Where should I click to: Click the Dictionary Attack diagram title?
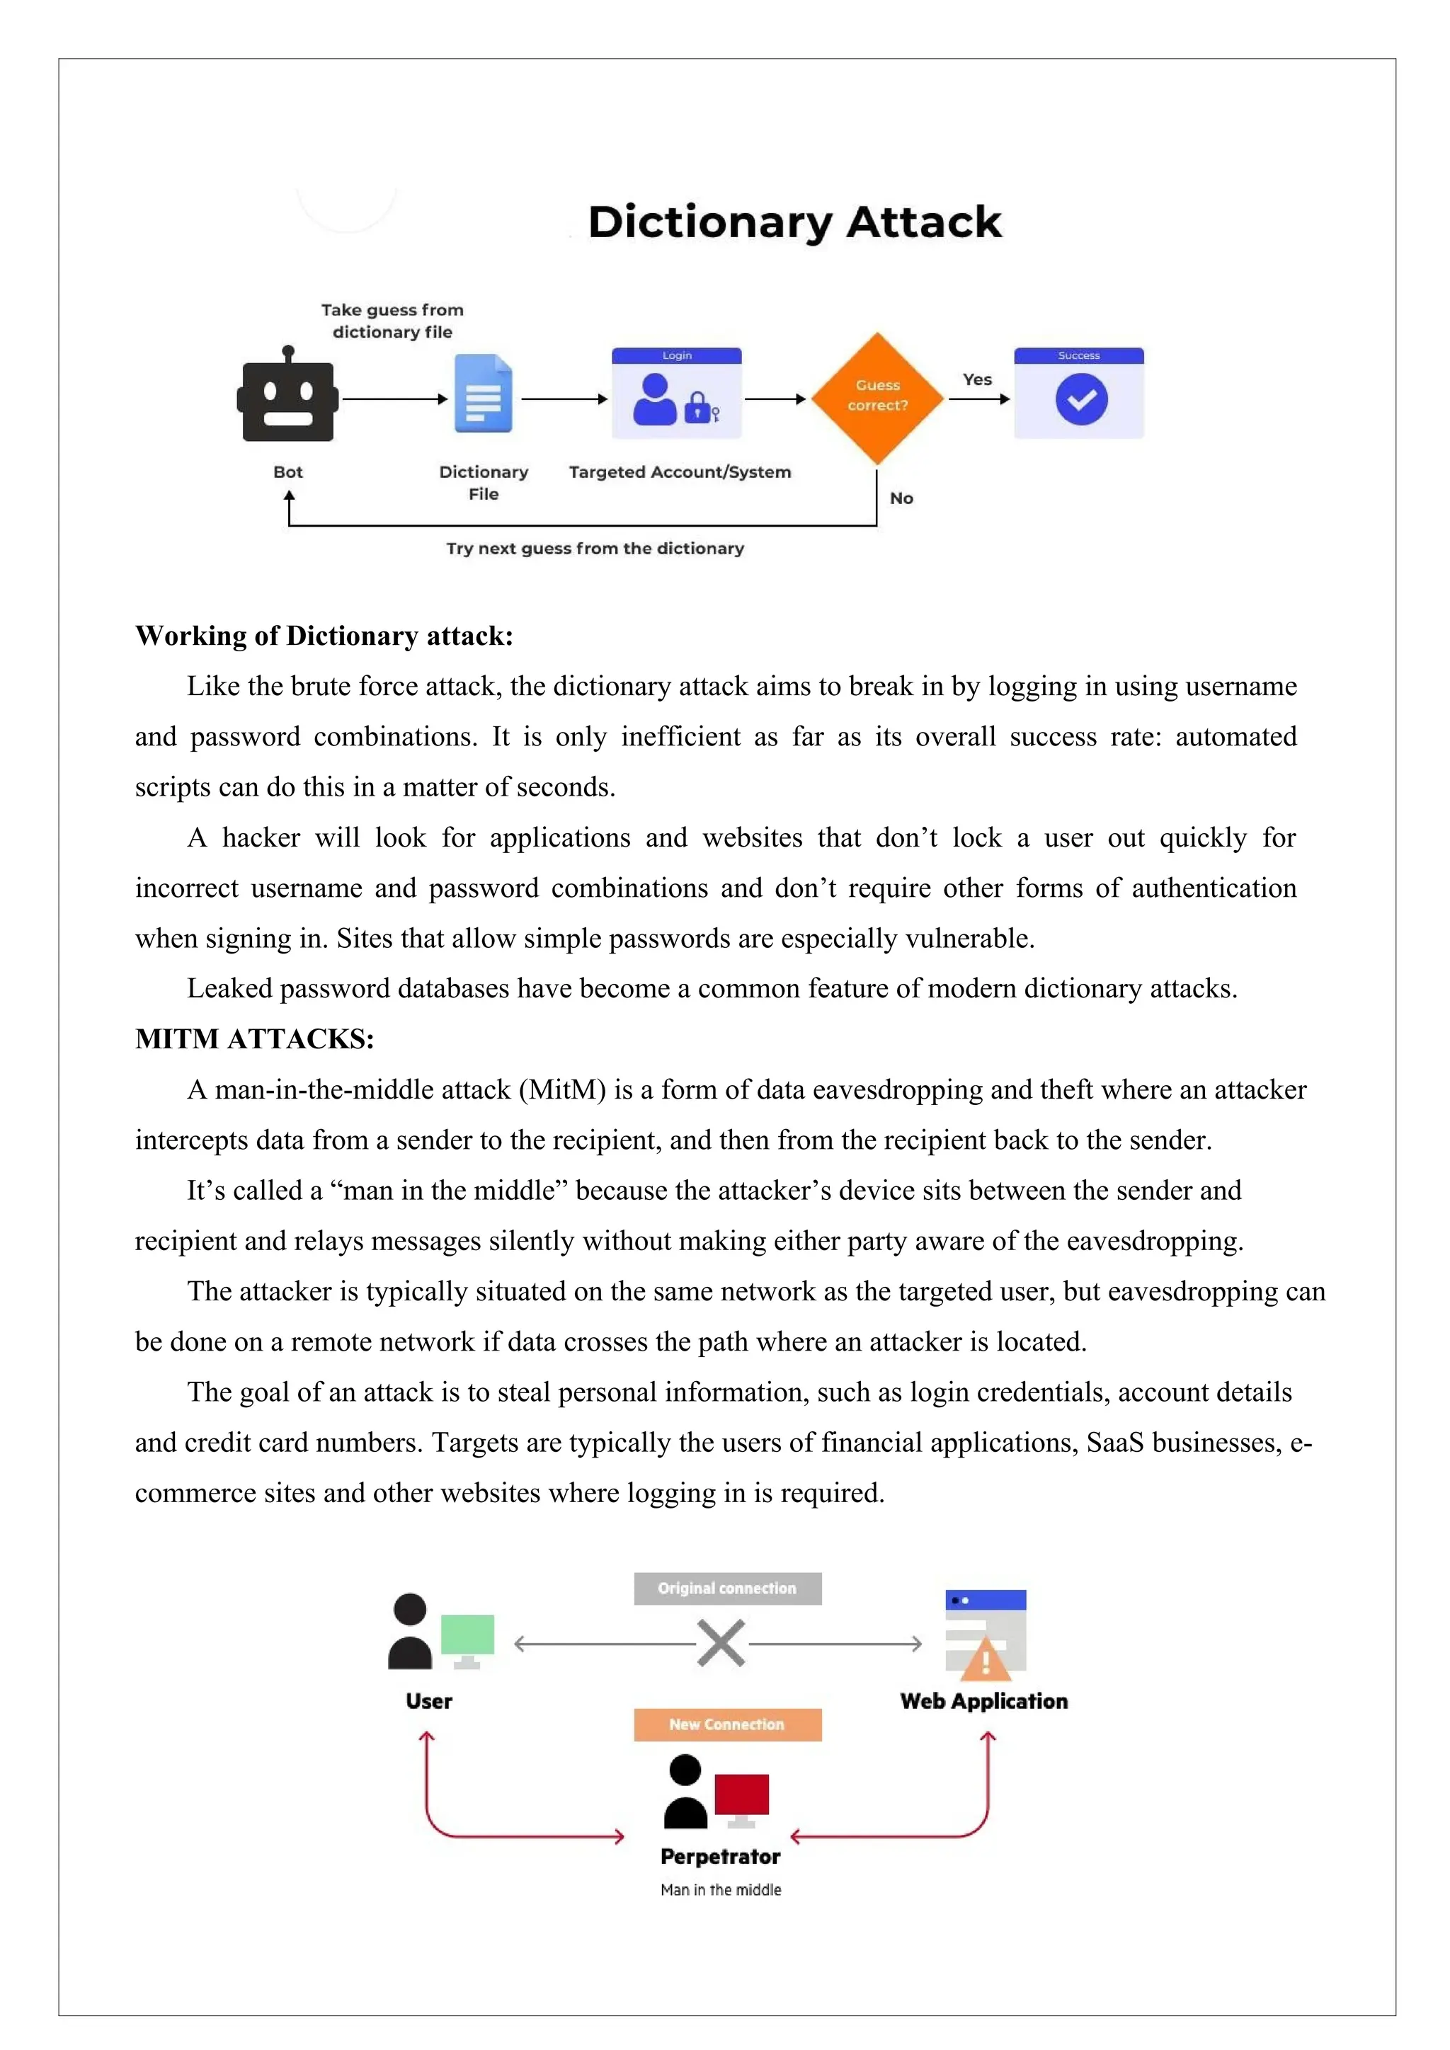(794, 222)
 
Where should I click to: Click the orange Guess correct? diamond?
(877, 396)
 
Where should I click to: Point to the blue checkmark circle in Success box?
(1080, 400)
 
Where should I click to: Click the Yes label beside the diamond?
(977, 379)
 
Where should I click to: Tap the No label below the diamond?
(901, 498)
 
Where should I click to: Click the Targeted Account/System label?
(680, 472)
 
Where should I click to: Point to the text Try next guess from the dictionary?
(595, 548)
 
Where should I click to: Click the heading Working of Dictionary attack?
(324, 636)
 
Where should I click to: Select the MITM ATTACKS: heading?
(254, 1038)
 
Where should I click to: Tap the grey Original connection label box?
(727, 1588)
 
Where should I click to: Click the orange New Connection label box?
(727, 1724)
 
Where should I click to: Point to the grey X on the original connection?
(721, 1644)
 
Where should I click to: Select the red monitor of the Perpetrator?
(741, 1794)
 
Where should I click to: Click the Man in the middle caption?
(721, 1889)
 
